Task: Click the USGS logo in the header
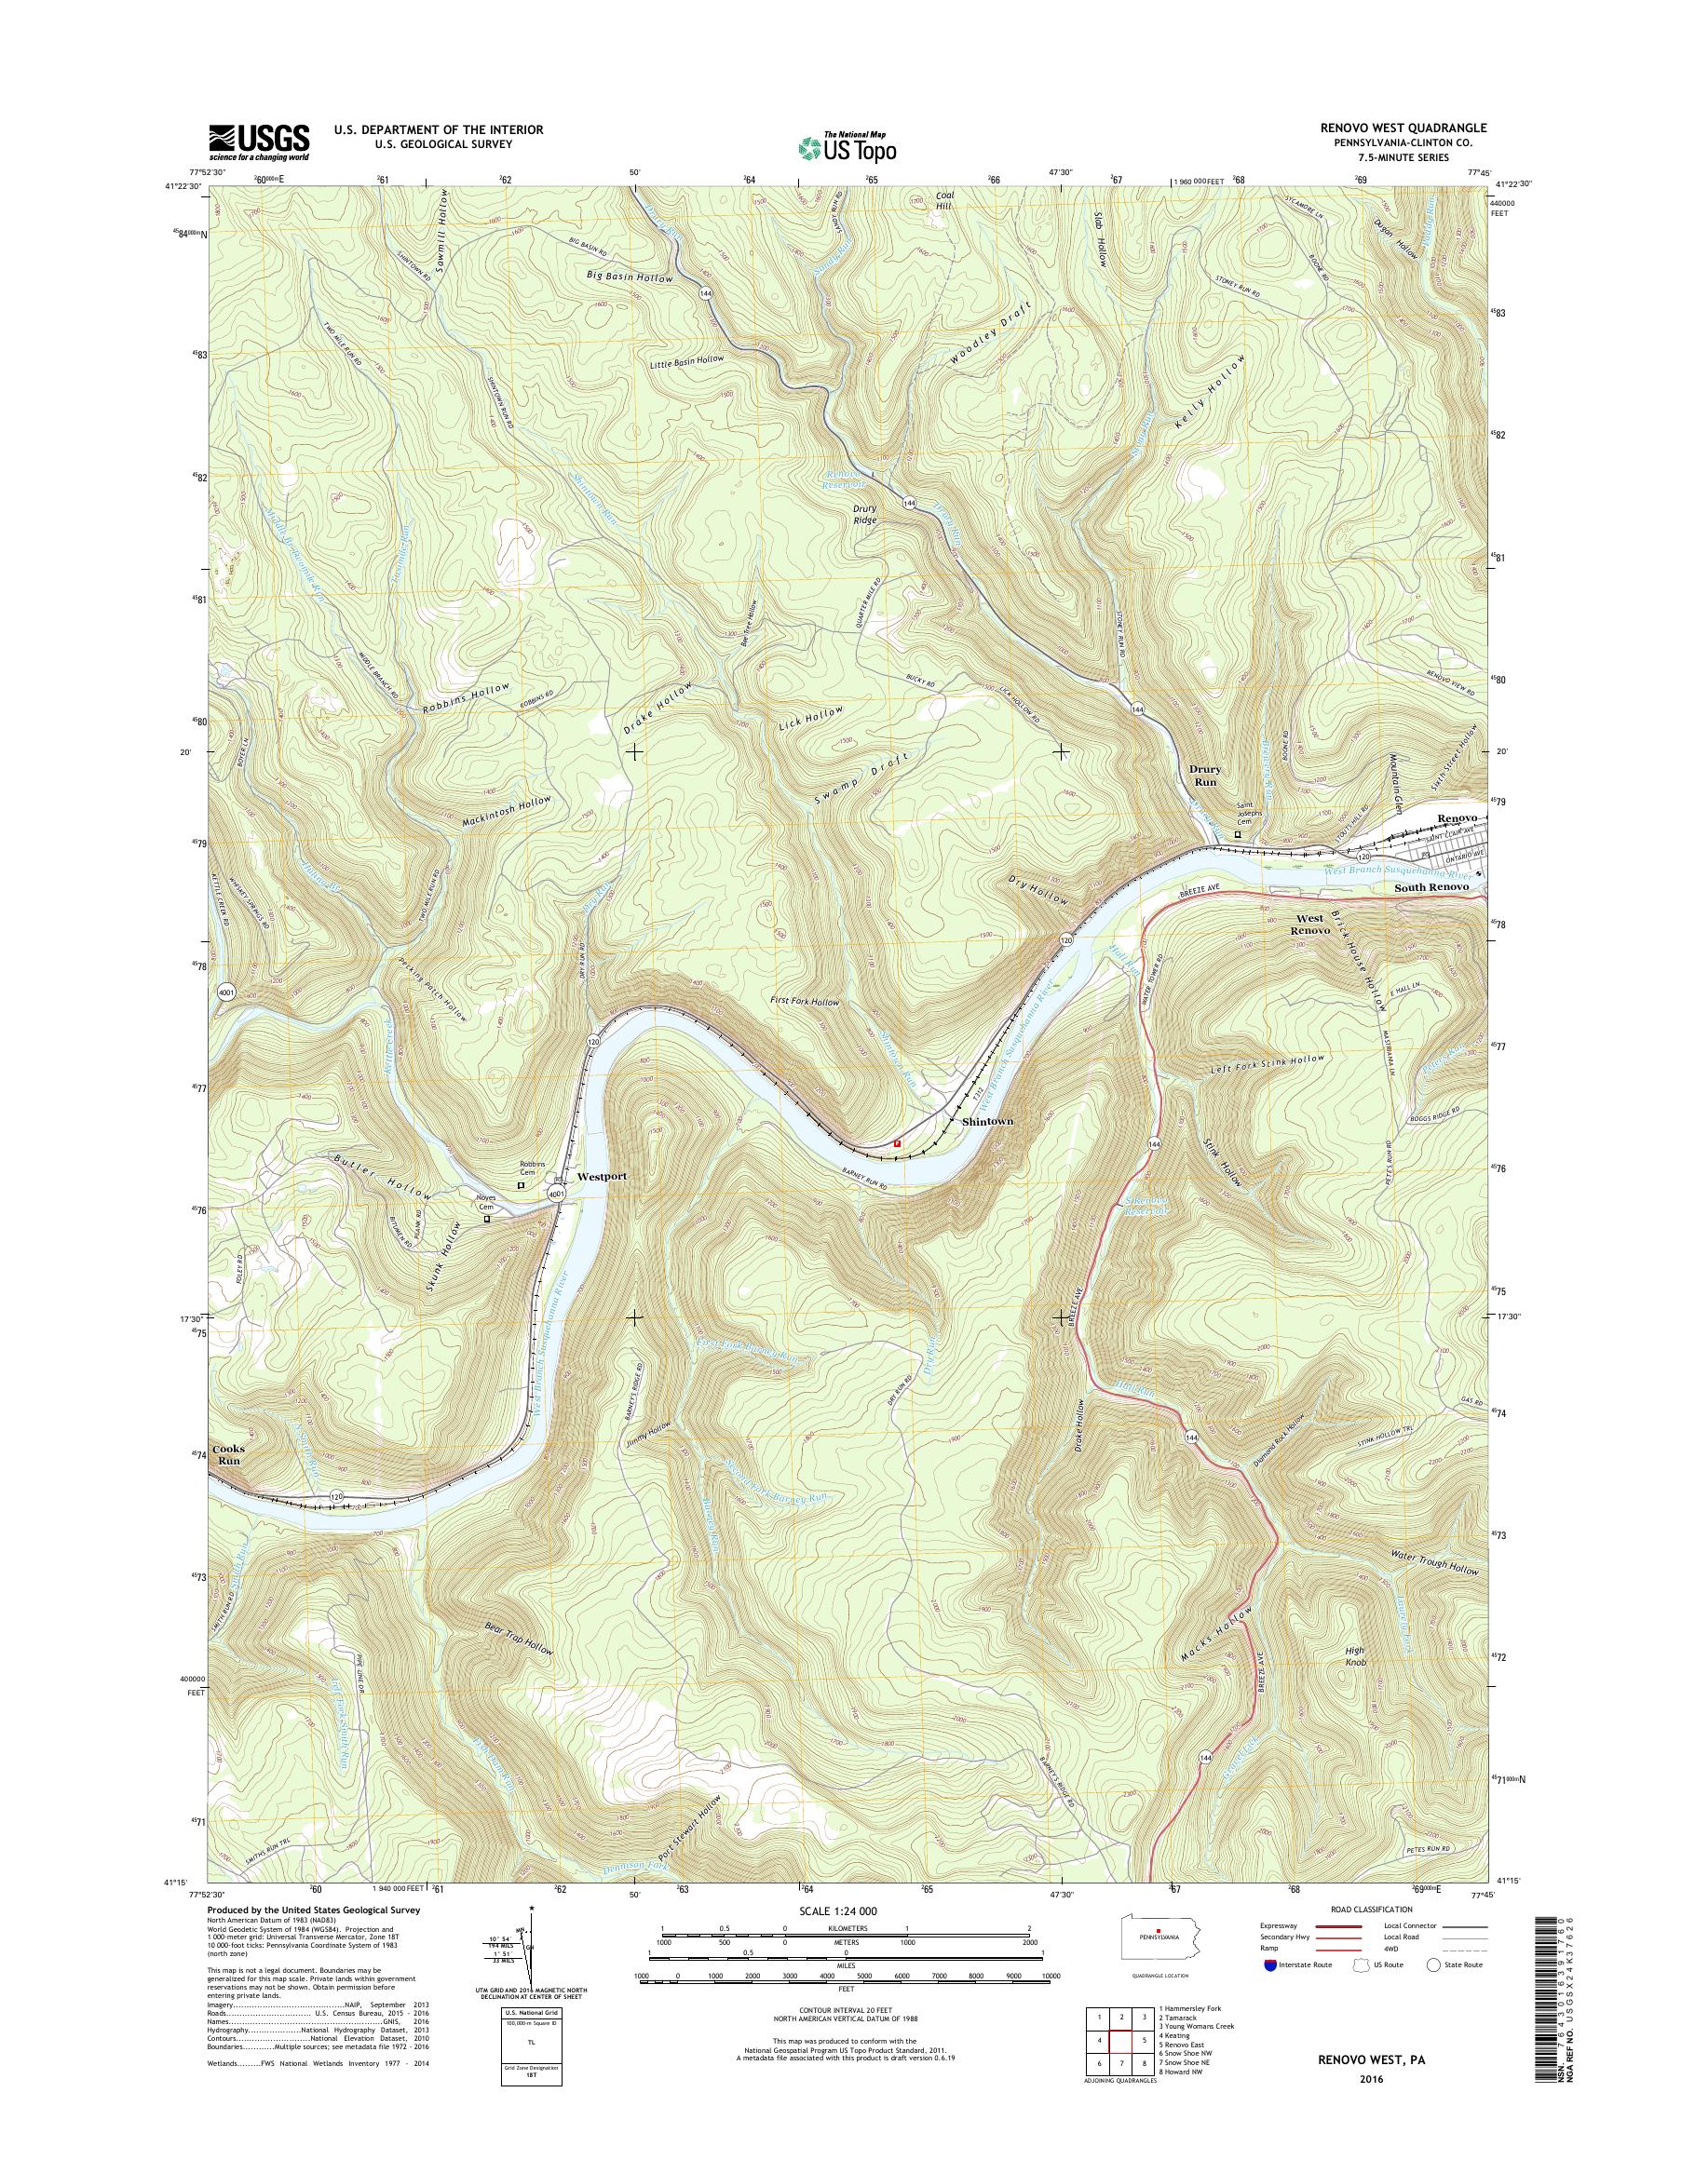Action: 259,142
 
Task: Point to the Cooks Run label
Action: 230,1454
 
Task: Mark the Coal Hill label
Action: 943,201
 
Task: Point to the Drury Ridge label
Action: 865,513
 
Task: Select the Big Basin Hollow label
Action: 631,277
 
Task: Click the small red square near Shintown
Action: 897,1143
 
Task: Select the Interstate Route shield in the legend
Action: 1273,1964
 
